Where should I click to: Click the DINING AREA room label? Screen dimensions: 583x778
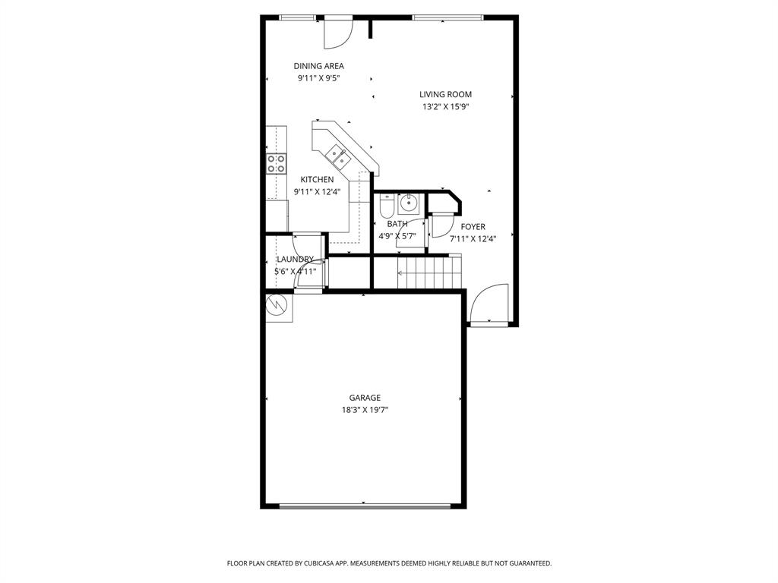point(318,66)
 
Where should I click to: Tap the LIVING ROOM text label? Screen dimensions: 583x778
point(445,95)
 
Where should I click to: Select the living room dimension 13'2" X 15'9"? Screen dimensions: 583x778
point(445,107)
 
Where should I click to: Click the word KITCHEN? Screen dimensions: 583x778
point(316,180)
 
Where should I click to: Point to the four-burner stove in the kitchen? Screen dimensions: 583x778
point(277,163)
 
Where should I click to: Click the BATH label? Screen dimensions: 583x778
point(397,224)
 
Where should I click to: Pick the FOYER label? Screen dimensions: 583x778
point(473,227)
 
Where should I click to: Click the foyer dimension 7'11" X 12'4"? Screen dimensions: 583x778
point(473,239)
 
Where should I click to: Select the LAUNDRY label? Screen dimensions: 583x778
point(295,260)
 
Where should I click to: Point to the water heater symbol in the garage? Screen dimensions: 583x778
point(277,305)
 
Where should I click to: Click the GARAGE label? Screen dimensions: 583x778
point(365,398)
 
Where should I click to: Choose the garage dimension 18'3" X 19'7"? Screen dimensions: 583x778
point(365,410)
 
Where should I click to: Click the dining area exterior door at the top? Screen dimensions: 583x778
point(337,31)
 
